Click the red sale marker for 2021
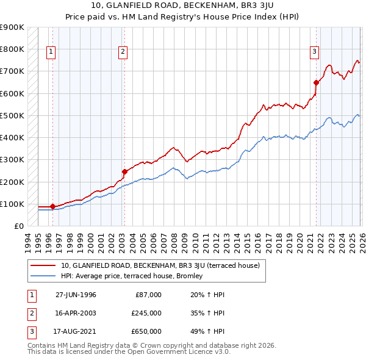(x=316, y=82)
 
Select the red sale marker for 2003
(x=124, y=171)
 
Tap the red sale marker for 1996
(x=52, y=206)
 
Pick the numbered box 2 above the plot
(x=123, y=52)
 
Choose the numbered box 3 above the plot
(x=314, y=52)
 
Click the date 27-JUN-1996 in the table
(x=76, y=295)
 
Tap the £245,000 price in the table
(x=146, y=313)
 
